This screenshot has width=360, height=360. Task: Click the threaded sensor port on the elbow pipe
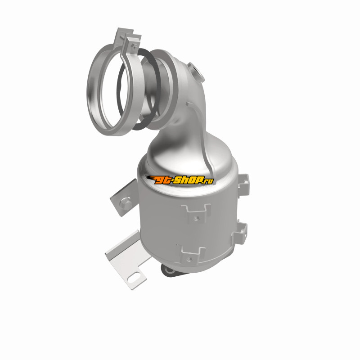[195, 72]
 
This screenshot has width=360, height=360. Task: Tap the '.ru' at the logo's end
[208, 181]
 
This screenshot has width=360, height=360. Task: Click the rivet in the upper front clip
[196, 217]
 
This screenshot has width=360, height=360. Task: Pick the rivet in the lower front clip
[189, 260]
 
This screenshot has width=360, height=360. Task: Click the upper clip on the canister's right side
[243, 185]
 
